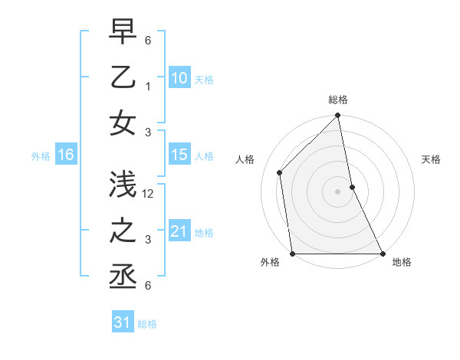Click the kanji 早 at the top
123,32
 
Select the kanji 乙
123,79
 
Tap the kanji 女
123,125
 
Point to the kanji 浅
123,185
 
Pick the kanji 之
123,232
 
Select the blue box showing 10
179,78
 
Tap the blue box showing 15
179,155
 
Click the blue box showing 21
179,231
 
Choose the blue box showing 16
65,155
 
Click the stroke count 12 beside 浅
149,194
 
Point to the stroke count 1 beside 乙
148,87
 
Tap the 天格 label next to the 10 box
204,80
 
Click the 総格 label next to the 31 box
147,324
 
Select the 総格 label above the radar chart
338,100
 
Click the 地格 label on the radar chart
402,262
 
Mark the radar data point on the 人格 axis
280,172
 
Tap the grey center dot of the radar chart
338,191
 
